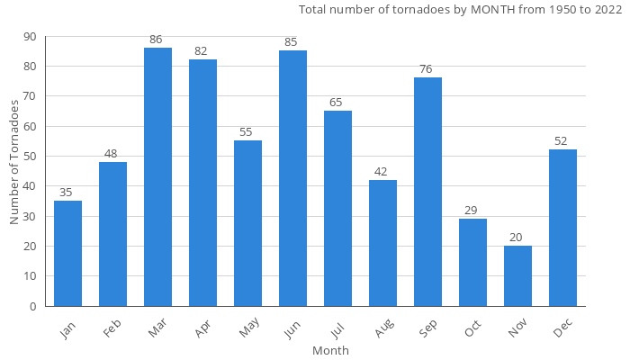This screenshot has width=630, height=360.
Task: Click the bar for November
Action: click(517, 275)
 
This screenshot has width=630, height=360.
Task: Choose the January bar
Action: click(67, 253)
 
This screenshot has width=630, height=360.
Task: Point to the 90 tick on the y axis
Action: click(30, 37)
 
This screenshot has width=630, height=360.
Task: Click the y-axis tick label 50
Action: click(30, 157)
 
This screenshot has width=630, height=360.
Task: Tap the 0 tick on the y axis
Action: click(33, 306)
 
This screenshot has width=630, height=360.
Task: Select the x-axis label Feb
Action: click(112, 329)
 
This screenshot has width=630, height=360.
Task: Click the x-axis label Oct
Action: click(472, 329)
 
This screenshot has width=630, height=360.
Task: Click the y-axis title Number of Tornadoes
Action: click(14, 162)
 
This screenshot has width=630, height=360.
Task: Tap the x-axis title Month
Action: click(330, 350)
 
